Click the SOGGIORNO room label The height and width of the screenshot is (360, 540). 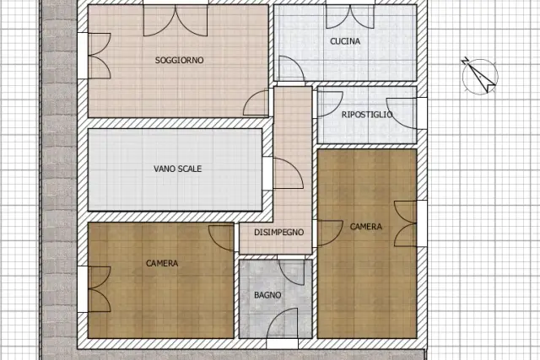[x=179, y=60]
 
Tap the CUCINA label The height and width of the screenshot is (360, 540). [x=345, y=41]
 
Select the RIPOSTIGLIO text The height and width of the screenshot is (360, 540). [x=367, y=115]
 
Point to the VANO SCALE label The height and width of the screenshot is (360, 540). [x=178, y=169]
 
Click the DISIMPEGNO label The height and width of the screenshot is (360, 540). [x=279, y=233]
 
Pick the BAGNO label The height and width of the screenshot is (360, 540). [x=267, y=295]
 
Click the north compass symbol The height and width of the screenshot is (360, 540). [x=480, y=76]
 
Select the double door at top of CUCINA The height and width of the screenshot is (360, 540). [x=350, y=16]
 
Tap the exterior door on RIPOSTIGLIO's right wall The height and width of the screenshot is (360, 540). [x=407, y=114]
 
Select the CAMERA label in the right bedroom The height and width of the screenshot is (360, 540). [x=365, y=227]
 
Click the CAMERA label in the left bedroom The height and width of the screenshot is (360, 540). [x=162, y=263]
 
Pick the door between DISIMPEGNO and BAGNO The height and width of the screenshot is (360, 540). [x=291, y=271]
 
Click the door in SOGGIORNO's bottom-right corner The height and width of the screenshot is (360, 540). [x=256, y=102]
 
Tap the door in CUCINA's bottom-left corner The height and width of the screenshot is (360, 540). [x=291, y=70]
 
